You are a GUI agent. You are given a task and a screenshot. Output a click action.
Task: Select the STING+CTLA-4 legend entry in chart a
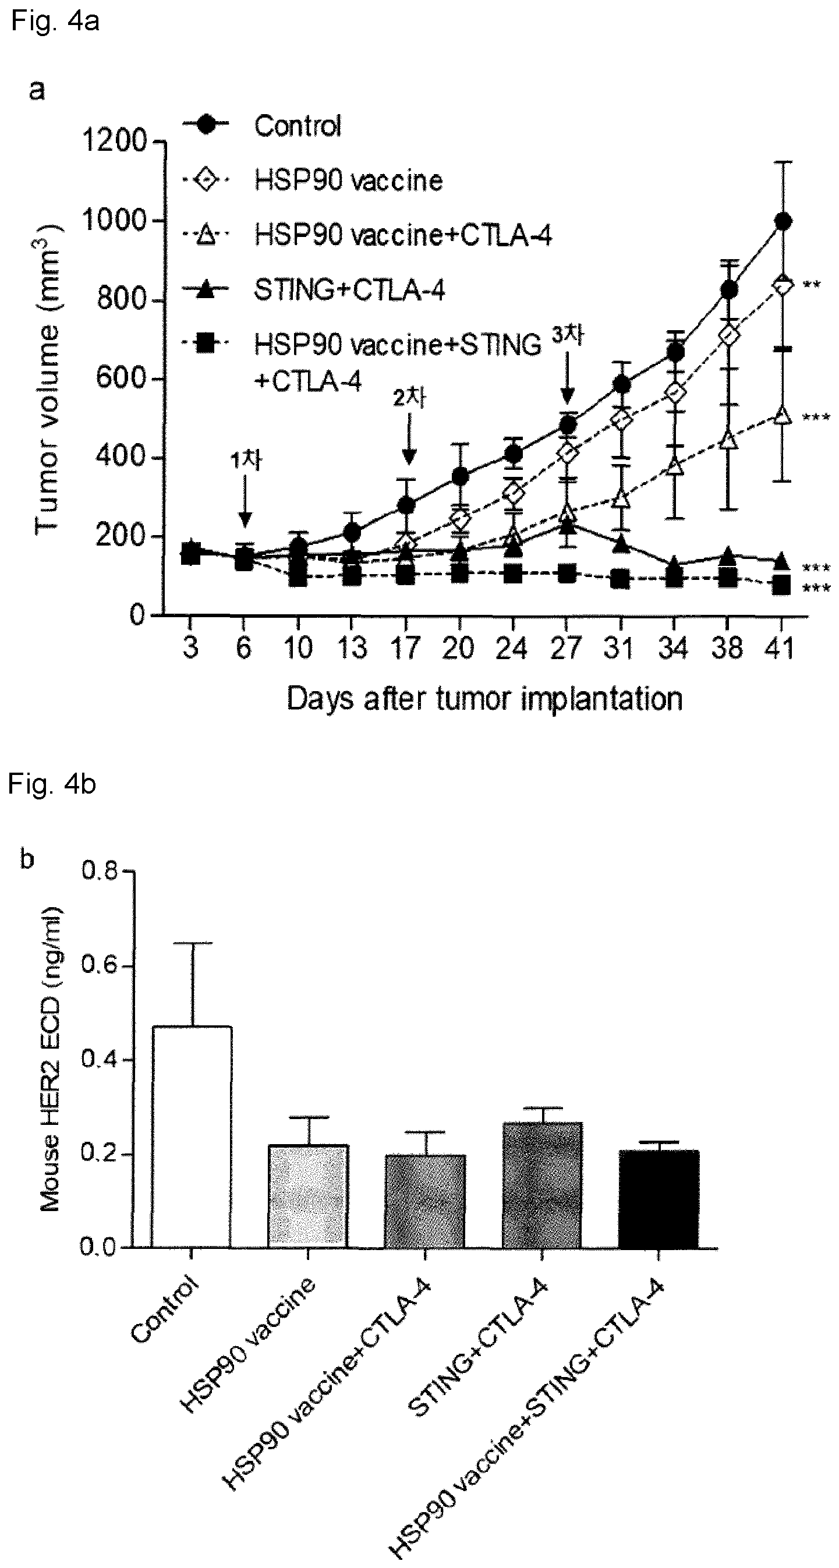pos(314,290)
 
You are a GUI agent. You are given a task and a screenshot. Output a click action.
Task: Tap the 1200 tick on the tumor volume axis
pos(114,141)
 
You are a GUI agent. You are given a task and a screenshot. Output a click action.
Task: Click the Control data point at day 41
pos(783,221)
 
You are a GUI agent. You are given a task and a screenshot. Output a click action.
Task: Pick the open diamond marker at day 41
pos(783,284)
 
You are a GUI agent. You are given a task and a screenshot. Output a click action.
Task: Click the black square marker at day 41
pos(782,586)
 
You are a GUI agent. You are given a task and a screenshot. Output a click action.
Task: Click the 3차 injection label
pos(568,335)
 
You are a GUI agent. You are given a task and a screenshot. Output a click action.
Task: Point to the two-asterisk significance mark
pos(812,285)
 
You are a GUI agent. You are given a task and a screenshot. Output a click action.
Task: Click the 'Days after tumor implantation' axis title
pos(484,699)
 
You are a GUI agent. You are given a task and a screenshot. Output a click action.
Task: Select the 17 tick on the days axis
pos(406,647)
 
